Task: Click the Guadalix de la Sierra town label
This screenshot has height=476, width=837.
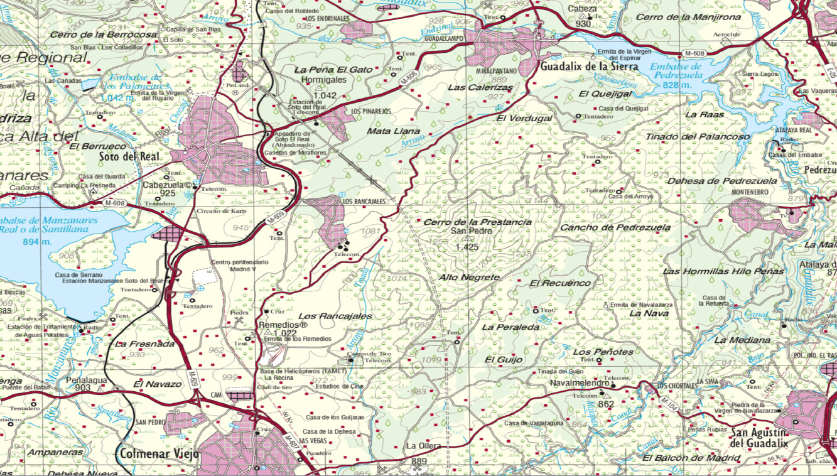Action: click(x=589, y=66)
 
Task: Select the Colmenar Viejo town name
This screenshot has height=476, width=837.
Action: click(x=159, y=453)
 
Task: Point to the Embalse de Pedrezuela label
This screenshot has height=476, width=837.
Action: click(x=676, y=70)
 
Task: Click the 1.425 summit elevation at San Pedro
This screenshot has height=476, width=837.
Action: click(x=467, y=247)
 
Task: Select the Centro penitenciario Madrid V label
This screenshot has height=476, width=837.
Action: click(x=234, y=266)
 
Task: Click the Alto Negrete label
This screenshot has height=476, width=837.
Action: click(x=470, y=277)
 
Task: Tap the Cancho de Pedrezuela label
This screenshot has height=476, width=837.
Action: click(x=615, y=227)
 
